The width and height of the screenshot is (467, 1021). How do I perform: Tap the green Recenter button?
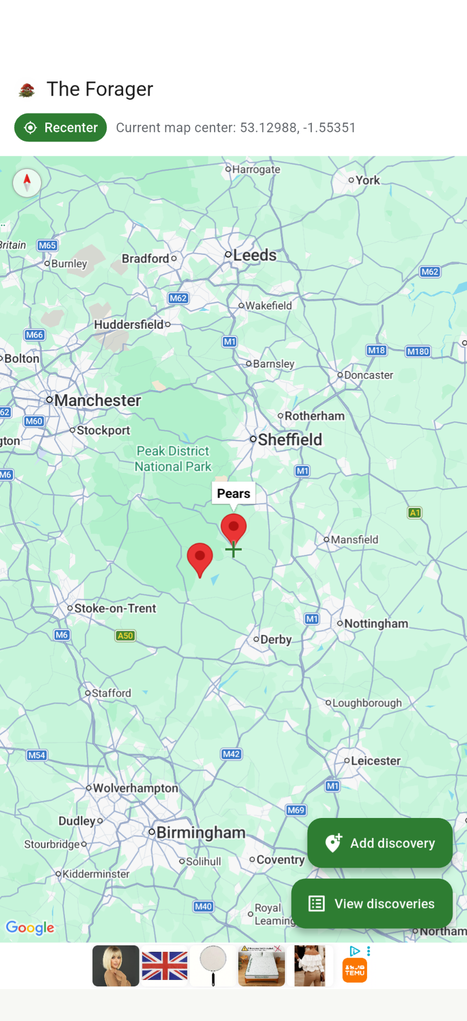pyautogui.click(x=61, y=127)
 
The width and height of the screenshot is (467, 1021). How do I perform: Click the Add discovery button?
pyautogui.click(x=379, y=843)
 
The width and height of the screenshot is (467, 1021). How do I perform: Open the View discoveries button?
pyautogui.click(x=372, y=903)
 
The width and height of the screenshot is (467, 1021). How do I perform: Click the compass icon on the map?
pyautogui.click(x=27, y=182)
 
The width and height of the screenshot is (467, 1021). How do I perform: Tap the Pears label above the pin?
pyautogui.click(x=234, y=493)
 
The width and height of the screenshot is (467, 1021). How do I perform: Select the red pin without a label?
pyautogui.click(x=200, y=558)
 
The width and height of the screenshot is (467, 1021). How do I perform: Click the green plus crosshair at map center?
pyautogui.click(x=234, y=550)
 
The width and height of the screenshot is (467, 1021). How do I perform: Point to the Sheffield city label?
pyautogui.click(x=290, y=439)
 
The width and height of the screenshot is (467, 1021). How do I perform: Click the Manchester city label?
pyautogui.click(x=97, y=401)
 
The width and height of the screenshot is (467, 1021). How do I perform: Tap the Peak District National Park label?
pyautogui.click(x=173, y=459)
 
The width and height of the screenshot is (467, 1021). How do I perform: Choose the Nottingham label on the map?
pyautogui.click(x=376, y=624)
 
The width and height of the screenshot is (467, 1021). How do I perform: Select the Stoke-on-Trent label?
pyautogui.click(x=115, y=608)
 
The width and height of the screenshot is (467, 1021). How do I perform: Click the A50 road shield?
pyautogui.click(x=125, y=635)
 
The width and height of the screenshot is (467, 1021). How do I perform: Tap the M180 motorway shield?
pyautogui.click(x=418, y=351)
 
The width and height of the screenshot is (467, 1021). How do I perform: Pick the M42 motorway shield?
pyautogui.click(x=231, y=754)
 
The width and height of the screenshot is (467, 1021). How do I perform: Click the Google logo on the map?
pyautogui.click(x=30, y=928)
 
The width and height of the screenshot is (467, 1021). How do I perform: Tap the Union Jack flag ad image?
pyautogui.click(x=165, y=966)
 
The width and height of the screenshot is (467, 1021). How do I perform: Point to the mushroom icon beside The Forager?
pyautogui.click(x=27, y=90)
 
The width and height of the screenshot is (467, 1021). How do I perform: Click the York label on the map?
pyautogui.click(x=368, y=180)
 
